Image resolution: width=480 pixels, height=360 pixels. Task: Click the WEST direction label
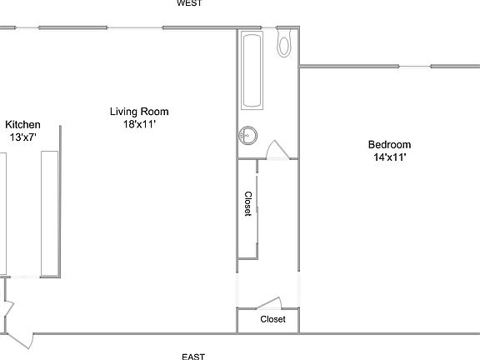pyautogui.click(x=189, y=3)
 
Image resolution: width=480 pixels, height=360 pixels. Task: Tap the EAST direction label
pyautogui.click(x=193, y=356)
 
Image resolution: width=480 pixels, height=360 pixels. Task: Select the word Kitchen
pyautogui.click(x=22, y=125)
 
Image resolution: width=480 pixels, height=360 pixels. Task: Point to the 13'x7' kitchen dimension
pyautogui.click(x=23, y=137)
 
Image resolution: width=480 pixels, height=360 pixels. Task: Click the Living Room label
pyautogui.click(x=139, y=112)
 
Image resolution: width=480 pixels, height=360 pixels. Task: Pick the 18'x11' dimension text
pyautogui.click(x=139, y=124)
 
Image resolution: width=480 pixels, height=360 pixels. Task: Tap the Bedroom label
pyautogui.click(x=390, y=144)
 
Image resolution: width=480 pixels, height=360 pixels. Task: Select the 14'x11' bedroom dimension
pyautogui.click(x=390, y=157)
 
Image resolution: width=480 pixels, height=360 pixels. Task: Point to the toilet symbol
pyautogui.click(x=284, y=44)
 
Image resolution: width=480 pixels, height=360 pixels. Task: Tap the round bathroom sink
pyautogui.click(x=247, y=133)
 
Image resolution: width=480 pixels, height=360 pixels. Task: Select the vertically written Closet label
pyautogui.click(x=247, y=205)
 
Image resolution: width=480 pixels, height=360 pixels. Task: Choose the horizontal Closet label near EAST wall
pyautogui.click(x=272, y=319)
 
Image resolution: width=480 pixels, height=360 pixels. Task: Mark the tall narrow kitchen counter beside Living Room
pyautogui.click(x=49, y=212)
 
